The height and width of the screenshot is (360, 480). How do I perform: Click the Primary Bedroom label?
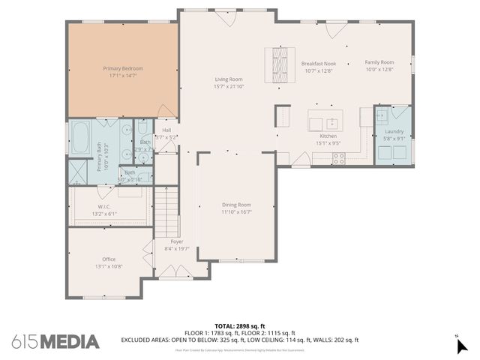click(123, 68)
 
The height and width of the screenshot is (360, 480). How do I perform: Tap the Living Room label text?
click(229, 79)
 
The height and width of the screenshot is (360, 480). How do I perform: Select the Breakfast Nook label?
click(318, 64)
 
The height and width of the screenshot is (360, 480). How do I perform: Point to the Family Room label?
click(379, 62)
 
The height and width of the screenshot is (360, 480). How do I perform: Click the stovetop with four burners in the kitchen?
click(338, 158)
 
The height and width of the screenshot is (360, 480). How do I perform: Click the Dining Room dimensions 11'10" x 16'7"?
click(235, 211)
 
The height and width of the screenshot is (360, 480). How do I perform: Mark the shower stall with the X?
click(77, 172)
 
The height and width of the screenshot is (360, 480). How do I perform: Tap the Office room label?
click(109, 259)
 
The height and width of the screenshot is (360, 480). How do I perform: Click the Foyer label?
click(177, 241)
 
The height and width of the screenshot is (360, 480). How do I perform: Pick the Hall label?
click(166, 130)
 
